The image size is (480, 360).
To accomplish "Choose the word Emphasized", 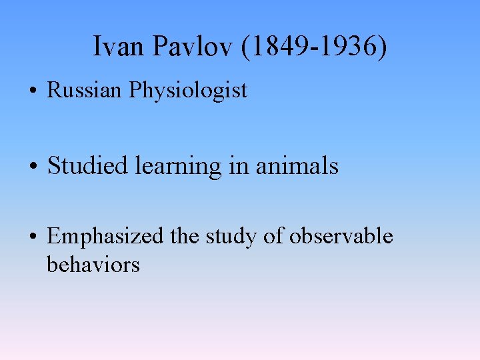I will click(x=105, y=237).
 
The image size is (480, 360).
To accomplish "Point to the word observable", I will click(x=341, y=236).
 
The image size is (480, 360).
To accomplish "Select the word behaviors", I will click(x=93, y=265).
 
